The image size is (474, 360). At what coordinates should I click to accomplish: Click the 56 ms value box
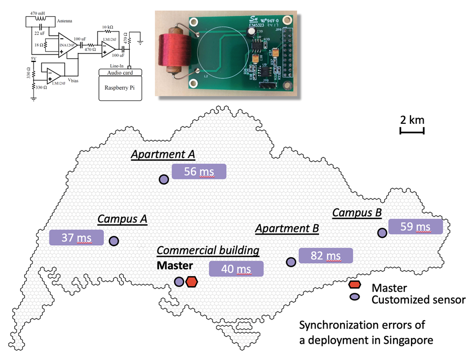tap(199, 172)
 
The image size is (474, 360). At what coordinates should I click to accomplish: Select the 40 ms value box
tap(236, 269)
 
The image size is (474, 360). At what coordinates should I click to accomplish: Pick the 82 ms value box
tap(325, 256)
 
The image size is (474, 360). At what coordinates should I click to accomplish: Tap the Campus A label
tap(122, 219)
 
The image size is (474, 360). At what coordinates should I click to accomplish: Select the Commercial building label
tap(208, 251)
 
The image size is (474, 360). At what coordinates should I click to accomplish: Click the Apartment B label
tap(287, 229)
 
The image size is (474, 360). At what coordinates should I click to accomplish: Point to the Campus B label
tap(357, 213)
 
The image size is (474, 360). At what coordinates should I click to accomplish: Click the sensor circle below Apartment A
tap(164, 179)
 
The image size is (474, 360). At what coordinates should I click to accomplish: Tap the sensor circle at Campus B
tap(381, 232)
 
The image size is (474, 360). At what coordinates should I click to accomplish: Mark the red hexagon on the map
tap(192, 282)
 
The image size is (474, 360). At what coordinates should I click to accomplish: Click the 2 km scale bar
tap(412, 129)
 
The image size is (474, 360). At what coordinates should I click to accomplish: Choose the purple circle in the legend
tap(355, 297)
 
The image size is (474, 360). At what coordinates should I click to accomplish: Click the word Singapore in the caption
tap(406, 340)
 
